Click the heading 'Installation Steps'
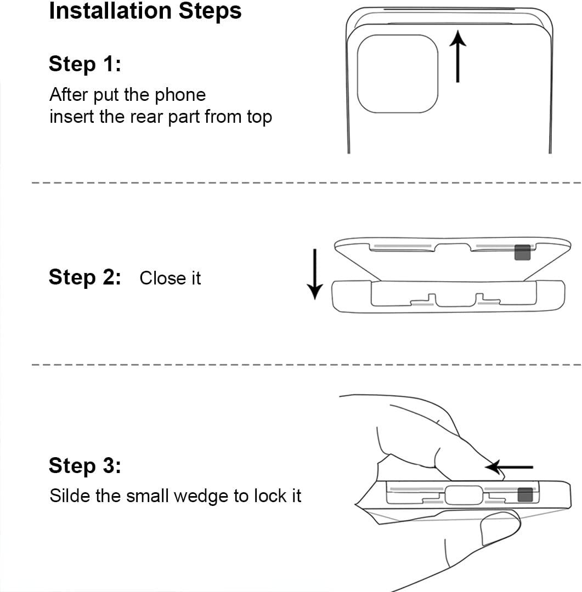[145, 11]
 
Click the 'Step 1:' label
[85, 64]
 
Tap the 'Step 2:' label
[85, 277]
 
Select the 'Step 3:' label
[85, 465]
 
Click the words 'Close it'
[170, 278]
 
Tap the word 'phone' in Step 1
[180, 95]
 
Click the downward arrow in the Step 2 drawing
[314, 274]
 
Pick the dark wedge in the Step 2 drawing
[522, 253]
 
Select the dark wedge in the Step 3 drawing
[525, 494]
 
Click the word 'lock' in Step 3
[267, 496]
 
